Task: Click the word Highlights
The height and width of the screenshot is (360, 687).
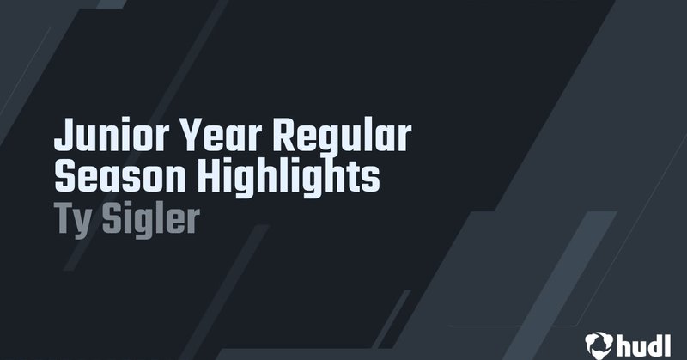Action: [289, 179]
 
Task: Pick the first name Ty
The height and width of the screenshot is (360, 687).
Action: [72, 218]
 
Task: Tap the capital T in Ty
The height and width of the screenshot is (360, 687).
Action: [64, 217]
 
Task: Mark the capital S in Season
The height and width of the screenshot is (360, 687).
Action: [64, 177]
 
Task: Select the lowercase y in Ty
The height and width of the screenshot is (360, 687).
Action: [83, 222]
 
